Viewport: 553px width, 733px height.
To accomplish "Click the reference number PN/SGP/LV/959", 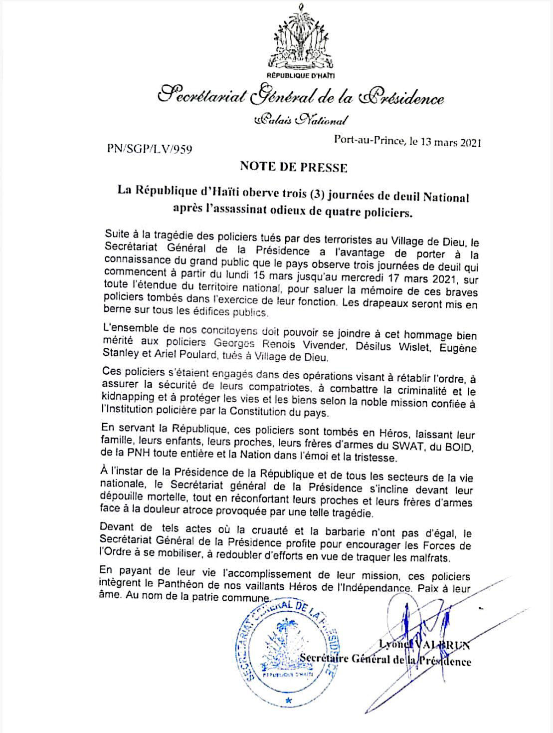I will [x=150, y=148].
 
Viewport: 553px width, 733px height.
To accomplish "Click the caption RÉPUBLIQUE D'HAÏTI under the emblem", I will [x=301, y=75].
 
